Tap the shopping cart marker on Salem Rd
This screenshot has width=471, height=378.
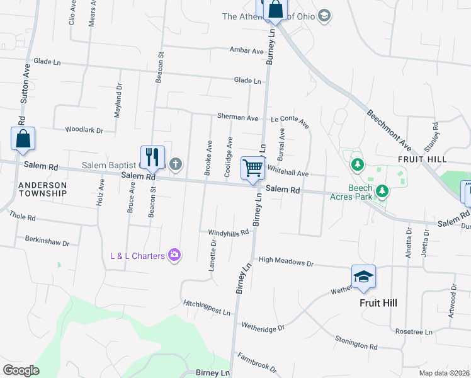253,168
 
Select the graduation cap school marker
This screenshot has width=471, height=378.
363,277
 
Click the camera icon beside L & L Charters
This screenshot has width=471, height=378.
175,255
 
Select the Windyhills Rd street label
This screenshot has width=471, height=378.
229,232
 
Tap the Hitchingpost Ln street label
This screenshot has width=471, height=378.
207,306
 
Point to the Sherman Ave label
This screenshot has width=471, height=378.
237,117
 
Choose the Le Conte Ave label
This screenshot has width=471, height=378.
290,120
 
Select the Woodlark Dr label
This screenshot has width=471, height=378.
84,130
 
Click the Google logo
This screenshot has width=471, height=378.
21,370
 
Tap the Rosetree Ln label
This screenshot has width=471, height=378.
414,331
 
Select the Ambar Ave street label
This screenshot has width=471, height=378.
246,50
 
